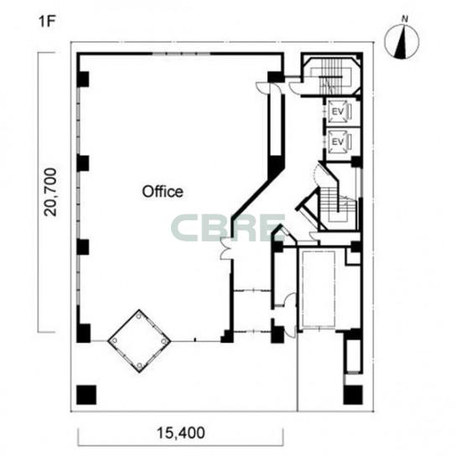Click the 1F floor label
tap(47, 22)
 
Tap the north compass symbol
tap(402, 42)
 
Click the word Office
tap(163, 192)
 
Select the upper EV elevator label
tap(338, 111)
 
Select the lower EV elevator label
tap(338, 142)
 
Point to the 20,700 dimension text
tap(50, 192)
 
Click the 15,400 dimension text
tap(180, 433)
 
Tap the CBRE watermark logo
tap(228, 228)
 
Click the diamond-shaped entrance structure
tap(139, 341)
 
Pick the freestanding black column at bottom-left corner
tap(86, 395)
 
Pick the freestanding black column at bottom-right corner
tap(353, 395)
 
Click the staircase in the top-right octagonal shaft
tap(331, 76)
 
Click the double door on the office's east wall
tap(225, 249)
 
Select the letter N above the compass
tap(405, 19)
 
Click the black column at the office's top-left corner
tap(83, 79)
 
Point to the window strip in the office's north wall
tap(181, 54)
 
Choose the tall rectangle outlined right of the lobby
tap(319, 289)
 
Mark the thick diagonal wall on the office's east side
tap(252, 197)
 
